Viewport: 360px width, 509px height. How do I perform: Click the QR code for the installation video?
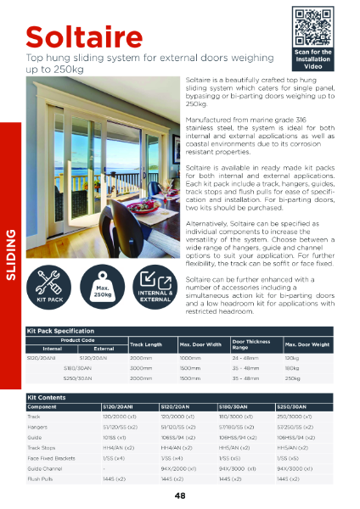click(312, 26)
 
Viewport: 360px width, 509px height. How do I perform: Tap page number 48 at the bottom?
click(180, 495)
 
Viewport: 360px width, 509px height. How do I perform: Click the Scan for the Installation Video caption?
click(312, 59)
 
